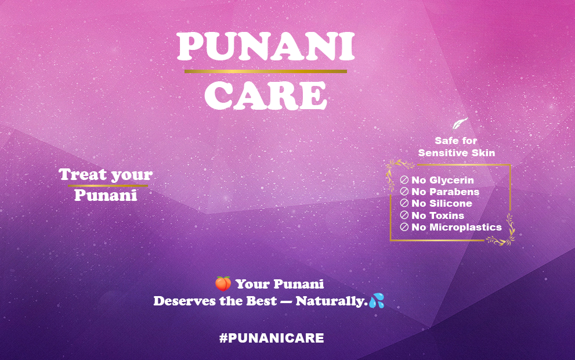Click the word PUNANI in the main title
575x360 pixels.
click(266, 46)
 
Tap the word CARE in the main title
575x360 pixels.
click(266, 95)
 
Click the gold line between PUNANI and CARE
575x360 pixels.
click(266, 71)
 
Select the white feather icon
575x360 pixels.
click(460, 123)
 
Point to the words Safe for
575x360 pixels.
click(456, 141)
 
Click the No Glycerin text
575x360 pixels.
click(443, 180)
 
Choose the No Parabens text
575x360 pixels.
click(445, 192)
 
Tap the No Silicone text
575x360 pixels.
click(442, 203)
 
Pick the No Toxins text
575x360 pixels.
click(438, 215)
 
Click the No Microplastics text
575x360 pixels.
click(457, 227)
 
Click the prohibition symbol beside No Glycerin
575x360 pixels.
click(404, 180)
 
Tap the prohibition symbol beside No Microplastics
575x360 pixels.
click(404, 227)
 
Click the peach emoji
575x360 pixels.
click(223, 284)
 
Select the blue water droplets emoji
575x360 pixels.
click(377, 301)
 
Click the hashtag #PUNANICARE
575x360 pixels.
click(272, 338)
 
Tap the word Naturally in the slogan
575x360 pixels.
click(331, 301)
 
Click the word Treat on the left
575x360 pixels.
click(82, 174)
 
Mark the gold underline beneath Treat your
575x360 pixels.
click(108, 186)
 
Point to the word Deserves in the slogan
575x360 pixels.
click(185, 301)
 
